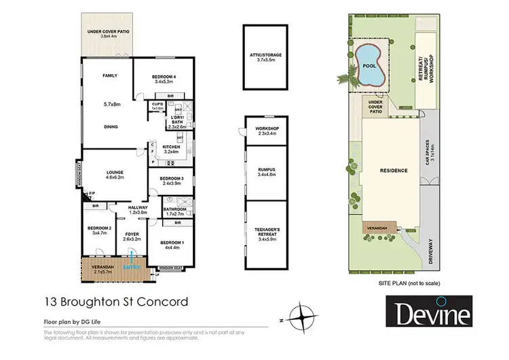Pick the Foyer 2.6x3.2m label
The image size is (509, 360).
pos(132,236)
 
